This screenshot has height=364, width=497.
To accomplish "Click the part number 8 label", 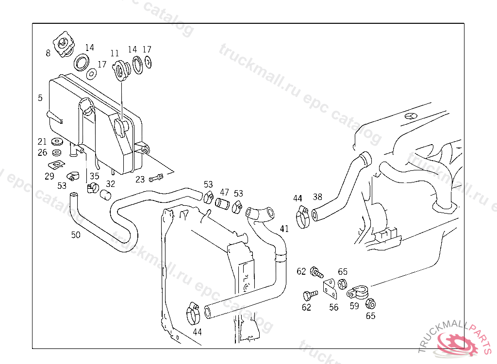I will (48, 53).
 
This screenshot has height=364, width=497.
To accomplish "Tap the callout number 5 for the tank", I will (40, 98).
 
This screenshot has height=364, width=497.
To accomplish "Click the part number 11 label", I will (115, 53).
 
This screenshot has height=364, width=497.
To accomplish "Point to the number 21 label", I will (42, 142).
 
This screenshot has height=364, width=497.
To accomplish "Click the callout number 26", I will (42, 153).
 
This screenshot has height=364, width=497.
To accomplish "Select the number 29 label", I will (50, 176).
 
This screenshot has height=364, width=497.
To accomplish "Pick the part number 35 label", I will (94, 176).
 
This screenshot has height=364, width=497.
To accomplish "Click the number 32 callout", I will (111, 184).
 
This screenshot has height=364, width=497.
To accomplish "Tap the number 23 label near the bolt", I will (140, 180).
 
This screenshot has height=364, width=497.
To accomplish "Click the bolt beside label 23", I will (156, 178).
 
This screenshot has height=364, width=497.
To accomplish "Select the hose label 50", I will (76, 235).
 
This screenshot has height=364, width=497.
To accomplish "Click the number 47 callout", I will (224, 192).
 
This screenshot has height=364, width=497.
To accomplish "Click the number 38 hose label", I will (317, 197).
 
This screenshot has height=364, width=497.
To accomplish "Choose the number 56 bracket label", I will (333, 307).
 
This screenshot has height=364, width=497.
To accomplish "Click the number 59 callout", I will (354, 306).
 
